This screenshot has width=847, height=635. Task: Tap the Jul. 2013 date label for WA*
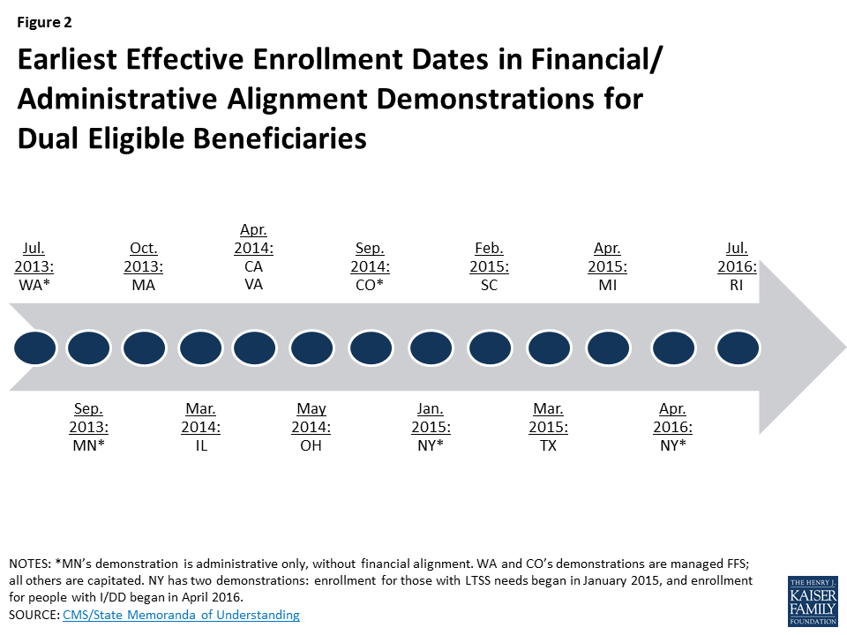tap(34, 258)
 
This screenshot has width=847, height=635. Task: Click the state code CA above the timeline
tap(253, 266)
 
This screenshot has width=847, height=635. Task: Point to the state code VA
tap(253, 285)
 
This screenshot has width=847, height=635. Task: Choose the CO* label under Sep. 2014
tap(369, 286)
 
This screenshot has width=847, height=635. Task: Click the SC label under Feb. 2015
tap(489, 286)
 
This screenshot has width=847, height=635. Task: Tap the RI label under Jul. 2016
tap(736, 286)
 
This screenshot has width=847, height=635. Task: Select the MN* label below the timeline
tap(88, 446)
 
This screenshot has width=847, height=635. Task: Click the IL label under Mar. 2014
tap(201, 446)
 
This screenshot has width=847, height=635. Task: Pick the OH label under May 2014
tap(311, 446)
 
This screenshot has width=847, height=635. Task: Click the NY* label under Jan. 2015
tap(431, 446)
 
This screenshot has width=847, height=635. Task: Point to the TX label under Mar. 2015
tap(549, 446)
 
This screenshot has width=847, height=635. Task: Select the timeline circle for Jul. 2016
tap(738, 348)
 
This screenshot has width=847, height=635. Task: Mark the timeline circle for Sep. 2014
tap(371, 348)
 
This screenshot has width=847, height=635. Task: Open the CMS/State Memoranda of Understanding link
tap(181, 615)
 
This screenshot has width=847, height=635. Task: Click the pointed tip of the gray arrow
tap(842, 347)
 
